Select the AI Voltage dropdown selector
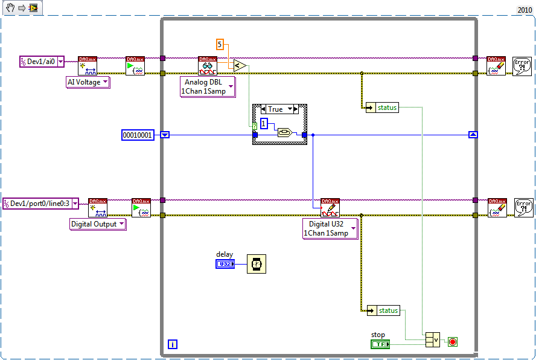pyautogui.click(x=88, y=82)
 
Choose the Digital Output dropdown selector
pyautogui.click(x=98, y=224)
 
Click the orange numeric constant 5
pyautogui.click(x=220, y=44)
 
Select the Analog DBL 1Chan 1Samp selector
pyautogui.click(x=207, y=86)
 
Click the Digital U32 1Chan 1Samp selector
pyautogui.click(x=330, y=228)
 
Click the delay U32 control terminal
pyautogui.click(x=225, y=264)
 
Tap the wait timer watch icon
pyautogui.click(x=256, y=264)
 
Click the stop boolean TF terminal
pyautogui.click(x=379, y=344)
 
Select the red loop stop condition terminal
pyautogui.click(x=453, y=342)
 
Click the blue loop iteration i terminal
pyautogui.click(x=173, y=344)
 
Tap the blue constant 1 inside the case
pyautogui.click(x=264, y=124)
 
